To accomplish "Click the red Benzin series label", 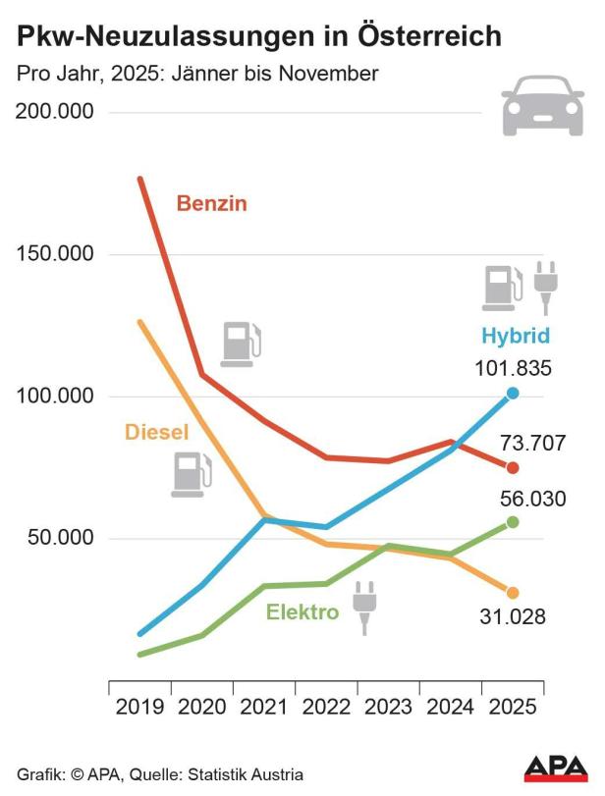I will coord(211,204).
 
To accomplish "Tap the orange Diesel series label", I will coord(156,432).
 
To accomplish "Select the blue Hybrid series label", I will coord(515,336).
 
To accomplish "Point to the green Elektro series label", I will coord(302,612).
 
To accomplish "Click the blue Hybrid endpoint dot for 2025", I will coord(513,394).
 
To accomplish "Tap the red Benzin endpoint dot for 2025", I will coord(513,467).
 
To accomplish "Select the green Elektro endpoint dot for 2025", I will coord(513,522).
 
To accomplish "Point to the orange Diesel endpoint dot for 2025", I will coord(513,593).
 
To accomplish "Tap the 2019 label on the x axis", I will coord(139,707).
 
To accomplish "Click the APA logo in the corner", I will coord(556,768).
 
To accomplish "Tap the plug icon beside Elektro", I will coord(364,607).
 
